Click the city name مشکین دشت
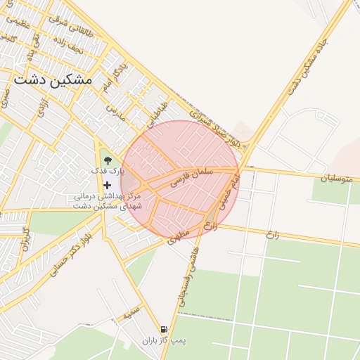pyautogui.click(x=53, y=79)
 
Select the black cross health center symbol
pyautogui.click(x=107, y=185)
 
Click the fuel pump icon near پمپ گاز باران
pyautogui.click(x=164, y=329)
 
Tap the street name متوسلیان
pyautogui.click(x=336, y=179)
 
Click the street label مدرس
pyautogui.click(x=115, y=112)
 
